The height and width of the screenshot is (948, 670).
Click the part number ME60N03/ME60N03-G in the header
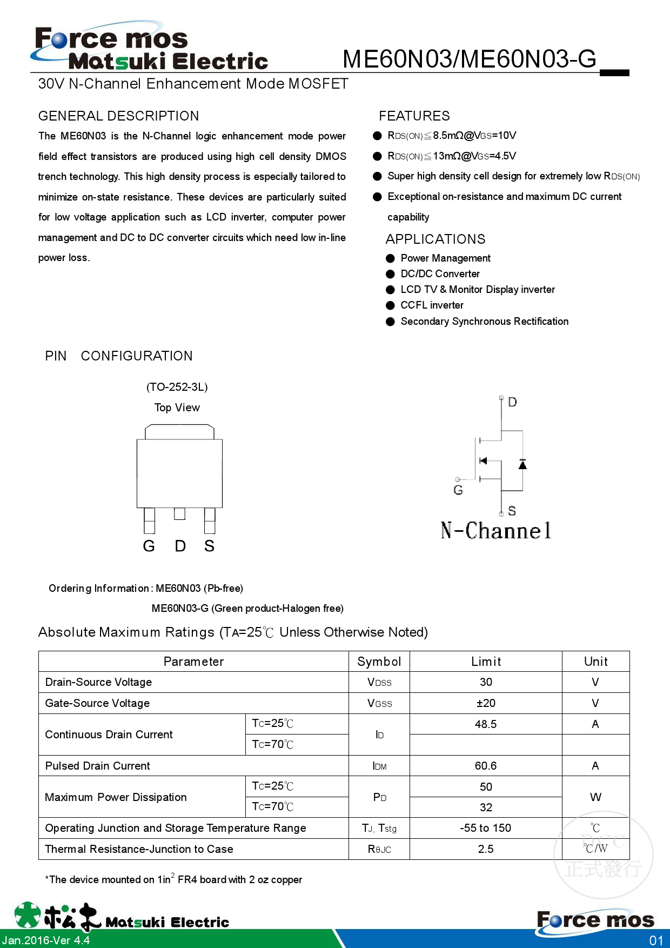(x=469, y=59)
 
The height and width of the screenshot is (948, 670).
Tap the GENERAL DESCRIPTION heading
(x=118, y=116)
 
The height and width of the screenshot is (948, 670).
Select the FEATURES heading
(x=414, y=116)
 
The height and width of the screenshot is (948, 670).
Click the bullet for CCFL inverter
(x=390, y=305)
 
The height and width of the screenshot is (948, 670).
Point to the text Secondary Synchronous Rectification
(x=484, y=322)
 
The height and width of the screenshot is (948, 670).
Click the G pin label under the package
(x=149, y=546)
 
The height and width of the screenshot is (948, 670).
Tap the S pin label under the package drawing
(x=209, y=546)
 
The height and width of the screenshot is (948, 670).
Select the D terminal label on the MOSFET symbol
(x=512, y=402)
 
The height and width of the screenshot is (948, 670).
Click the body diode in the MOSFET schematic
(x=522, y=464)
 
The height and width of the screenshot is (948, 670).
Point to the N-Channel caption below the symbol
(x=495, y=531)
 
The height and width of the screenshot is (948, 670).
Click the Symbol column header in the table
(x=379, y=662)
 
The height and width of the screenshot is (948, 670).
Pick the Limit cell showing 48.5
(x=485, y=724)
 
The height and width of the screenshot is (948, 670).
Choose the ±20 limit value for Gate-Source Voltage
(x=485, y=703)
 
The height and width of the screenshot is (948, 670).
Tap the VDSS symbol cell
(x=379, y=683)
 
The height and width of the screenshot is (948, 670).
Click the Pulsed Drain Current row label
(x=98, y=766)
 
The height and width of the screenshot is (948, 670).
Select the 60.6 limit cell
(x=485, y=766)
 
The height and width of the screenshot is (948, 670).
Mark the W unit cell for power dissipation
(x=595, y=797)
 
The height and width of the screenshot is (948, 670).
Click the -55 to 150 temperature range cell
(x=485, y=828)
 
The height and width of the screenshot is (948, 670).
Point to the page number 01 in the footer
(x=656, y=940)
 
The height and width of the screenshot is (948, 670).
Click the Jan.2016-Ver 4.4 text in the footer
(x=46, y=940)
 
